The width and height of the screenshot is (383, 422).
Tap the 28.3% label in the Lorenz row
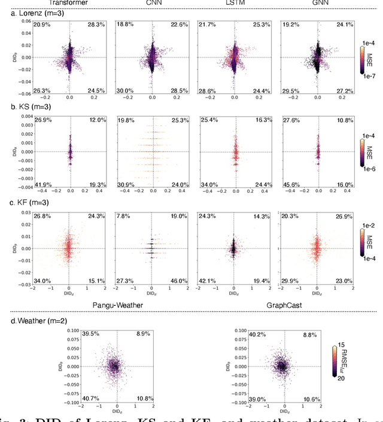pyautogui.click(x=96, y=24)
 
